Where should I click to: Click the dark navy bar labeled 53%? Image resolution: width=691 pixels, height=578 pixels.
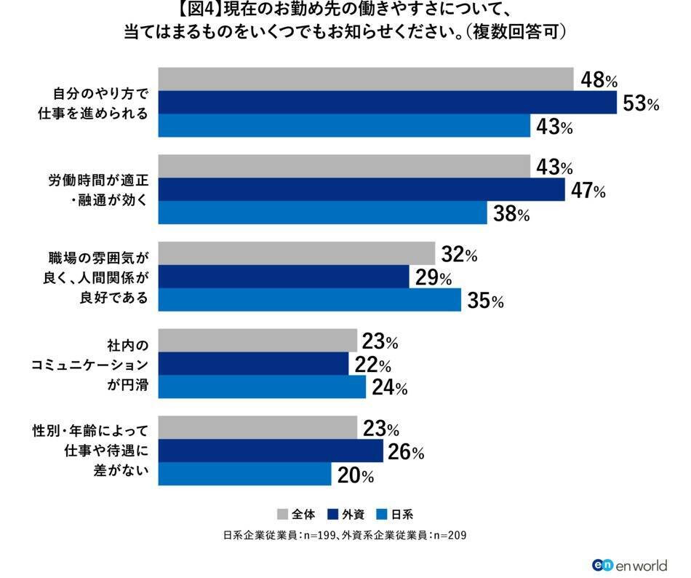point(387,103)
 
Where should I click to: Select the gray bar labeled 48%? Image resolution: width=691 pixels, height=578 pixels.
point(365,79)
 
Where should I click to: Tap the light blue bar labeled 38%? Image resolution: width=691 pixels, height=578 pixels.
point(322,213)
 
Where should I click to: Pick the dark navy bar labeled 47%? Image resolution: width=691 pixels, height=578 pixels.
point(361,190)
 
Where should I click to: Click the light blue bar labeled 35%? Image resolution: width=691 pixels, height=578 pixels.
point(309,300)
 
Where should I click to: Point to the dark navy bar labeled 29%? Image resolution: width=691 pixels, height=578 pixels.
point(284,277)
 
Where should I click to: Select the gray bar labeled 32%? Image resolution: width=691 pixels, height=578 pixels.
point(296,255)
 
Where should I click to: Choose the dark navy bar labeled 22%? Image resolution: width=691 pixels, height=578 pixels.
point(253,365)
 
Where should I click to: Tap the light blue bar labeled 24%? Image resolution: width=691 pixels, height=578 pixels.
point(262,387)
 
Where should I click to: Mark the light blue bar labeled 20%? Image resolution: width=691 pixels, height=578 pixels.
point(244,475)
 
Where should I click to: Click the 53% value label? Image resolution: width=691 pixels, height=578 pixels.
point(641,103)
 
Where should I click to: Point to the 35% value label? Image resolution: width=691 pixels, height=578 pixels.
point(485,301)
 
